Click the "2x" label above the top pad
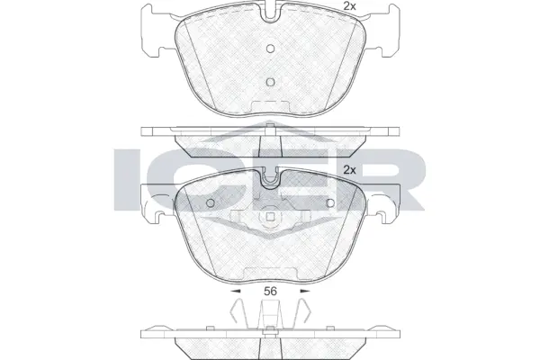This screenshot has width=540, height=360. tap(349, 7)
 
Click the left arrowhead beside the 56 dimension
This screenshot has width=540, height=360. tap(236, 292)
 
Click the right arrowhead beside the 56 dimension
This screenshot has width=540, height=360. tap(304, 292)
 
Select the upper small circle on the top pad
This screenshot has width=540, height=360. tap(270, 50)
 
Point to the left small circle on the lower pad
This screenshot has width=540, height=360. tap(211, 202)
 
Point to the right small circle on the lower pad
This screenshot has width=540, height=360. tap(328, 202)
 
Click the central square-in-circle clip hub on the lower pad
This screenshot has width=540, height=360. tap(270, 219)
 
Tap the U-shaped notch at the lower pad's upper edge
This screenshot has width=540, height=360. tap(270, 178)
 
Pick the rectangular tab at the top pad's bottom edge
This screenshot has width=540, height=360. tap(270, 110)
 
